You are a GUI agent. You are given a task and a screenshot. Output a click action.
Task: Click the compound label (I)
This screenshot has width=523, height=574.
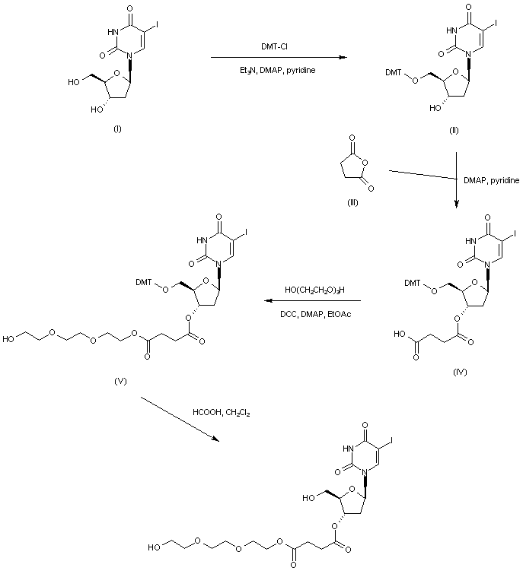click(x=117, y=128)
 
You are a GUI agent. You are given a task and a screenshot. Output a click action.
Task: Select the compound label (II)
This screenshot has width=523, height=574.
click(x=454, y=130)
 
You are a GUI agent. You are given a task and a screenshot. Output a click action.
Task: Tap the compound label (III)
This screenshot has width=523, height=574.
click(x=352, y=203)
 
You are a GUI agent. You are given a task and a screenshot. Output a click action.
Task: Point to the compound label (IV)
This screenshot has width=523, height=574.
click(x=460, y=373)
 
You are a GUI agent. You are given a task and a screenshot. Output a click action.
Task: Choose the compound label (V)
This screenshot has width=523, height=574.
click(x=120, y=381)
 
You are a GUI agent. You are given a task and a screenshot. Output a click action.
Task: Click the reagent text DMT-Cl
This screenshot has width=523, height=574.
click(x=275, y=46)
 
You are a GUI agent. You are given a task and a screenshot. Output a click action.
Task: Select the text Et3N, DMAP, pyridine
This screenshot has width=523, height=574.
click(x=277, y=70)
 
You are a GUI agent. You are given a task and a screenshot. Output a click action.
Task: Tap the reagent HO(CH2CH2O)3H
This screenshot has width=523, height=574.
click(x=315, y=290)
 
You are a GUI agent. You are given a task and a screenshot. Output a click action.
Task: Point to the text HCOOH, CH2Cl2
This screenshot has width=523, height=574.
click(x=222, y=413)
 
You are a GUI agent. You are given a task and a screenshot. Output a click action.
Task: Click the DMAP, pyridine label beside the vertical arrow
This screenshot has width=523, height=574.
click(x=492, y=180)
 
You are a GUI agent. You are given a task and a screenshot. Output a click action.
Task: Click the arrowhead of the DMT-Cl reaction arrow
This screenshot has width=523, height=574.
click(x=343, y=58)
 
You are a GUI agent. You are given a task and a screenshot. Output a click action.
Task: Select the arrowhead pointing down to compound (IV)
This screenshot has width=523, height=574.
click(x=456, y=205)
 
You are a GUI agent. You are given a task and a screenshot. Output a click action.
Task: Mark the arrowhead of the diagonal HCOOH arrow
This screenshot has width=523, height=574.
click(x=215, y=439)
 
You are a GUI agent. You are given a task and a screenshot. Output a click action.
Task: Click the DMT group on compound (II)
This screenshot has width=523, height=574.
click(x=394, y=72)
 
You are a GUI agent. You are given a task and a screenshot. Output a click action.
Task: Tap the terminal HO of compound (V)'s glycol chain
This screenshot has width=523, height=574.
click(x=8, y=339)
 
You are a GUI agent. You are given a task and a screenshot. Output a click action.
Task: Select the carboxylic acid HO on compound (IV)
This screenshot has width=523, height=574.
click(x=400, y=334)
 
